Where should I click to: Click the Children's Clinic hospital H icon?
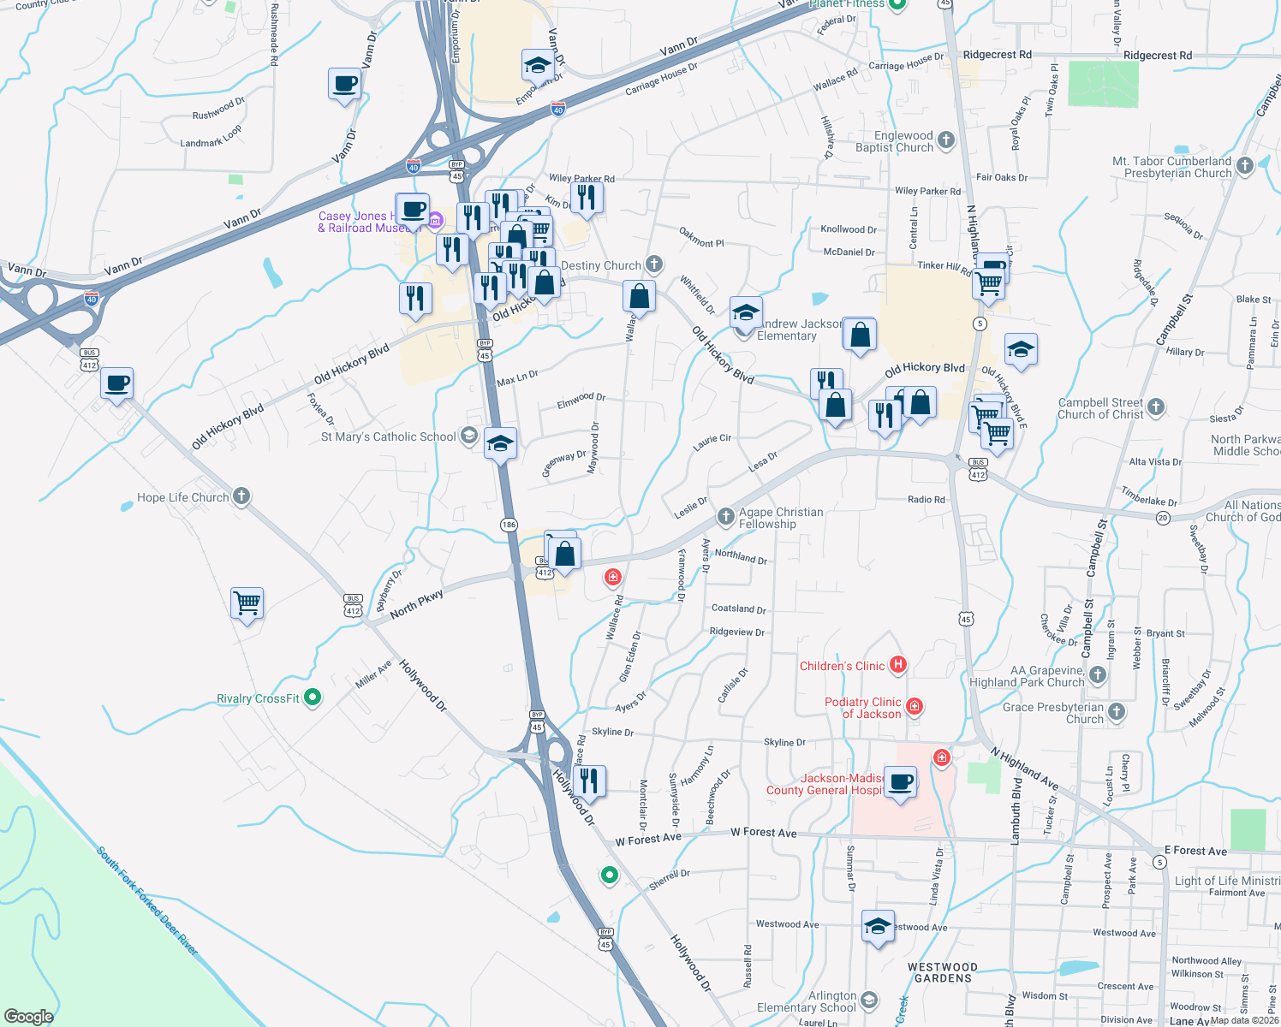(x=897, y=664)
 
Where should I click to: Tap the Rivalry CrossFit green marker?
(x=313, y=698)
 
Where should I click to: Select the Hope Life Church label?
(x=183, y=497)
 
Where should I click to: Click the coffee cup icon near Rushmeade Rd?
(x=344, y=85)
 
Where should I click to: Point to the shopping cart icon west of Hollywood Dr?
(x=247, y=603)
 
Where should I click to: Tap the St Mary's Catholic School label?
(x=388, y=436)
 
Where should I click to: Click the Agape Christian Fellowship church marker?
(x=725, y=516)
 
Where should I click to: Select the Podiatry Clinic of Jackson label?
(x=863, y=708)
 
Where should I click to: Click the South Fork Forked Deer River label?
(x=146, y=901)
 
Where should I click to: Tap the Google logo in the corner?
(x=28, y=1016)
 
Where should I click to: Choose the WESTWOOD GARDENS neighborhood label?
(x=943, y=972)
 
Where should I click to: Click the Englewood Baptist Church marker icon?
(x=945, y=140)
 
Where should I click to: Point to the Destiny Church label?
(x=601, y=266)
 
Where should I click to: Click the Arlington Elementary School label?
(x=807, y=1001)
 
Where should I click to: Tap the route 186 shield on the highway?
(x=509, y=525)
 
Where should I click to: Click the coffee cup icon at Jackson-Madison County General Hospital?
(x=900, y=781)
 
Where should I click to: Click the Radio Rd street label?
(x=926, y=500)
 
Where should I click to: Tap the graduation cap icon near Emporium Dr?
(x=538, y=65)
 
